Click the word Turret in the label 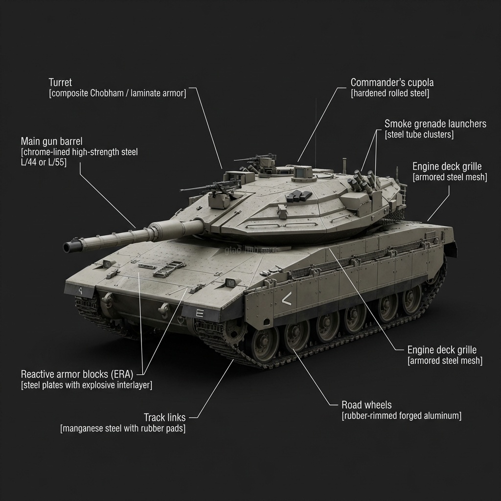point(60,82)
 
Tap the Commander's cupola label point(392,82)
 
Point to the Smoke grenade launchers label point(435,123)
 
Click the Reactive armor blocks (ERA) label point(77,374)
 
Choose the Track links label point(164,417)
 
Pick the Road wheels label point(366,405)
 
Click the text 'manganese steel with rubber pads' point(123,429)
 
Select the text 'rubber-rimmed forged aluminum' point(401,416)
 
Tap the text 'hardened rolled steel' point(390,93)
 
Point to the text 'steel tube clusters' point(419,135)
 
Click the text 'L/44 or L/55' point(44,161)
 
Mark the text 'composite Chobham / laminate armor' point(117,93)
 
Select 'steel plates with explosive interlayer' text point(87,385)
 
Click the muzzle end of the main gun point(69,247)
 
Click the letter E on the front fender point(199,314)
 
